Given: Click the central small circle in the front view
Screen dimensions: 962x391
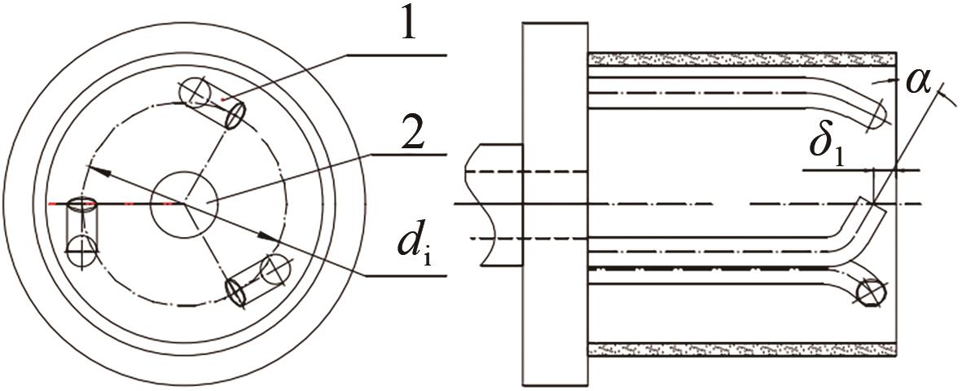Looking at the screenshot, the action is click(184, 203).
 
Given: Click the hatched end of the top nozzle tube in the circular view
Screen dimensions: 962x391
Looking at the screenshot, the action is click(235, 115).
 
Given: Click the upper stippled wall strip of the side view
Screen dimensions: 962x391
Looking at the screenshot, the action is click(742, 59).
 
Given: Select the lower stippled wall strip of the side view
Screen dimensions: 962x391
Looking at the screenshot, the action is click(742, 350).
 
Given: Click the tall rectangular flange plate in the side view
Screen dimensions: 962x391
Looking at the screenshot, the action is click(555, 204).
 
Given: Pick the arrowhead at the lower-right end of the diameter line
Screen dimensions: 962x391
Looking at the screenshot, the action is click(267, 237).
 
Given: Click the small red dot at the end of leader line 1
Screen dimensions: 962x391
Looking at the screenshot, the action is click(224, 99).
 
